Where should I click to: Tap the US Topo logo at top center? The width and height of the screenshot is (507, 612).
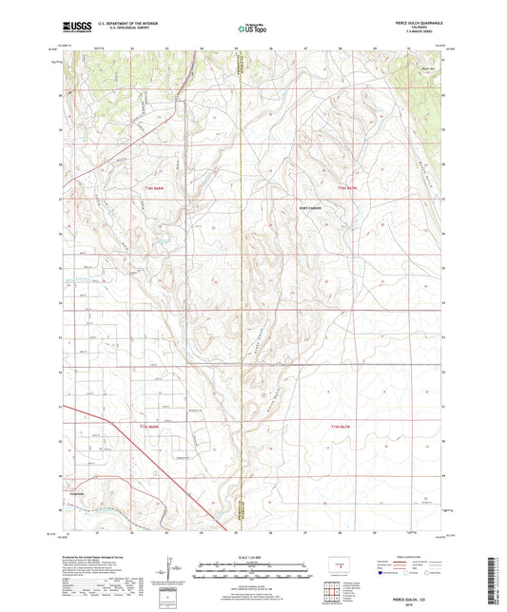pos(252,30)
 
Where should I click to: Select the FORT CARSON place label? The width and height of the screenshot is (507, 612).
pos(311,207)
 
